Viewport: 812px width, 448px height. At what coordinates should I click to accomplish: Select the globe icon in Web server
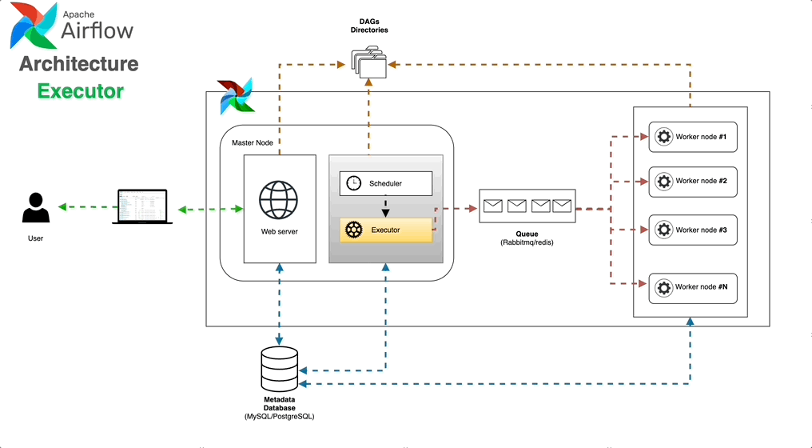(278, 200)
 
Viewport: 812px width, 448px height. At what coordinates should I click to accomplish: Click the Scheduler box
(386, 183)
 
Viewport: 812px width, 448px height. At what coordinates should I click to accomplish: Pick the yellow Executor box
(386, 230)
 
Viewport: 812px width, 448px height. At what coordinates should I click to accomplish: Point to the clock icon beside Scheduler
(353, 183)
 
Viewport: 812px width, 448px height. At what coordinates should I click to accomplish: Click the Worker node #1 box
(692, 137)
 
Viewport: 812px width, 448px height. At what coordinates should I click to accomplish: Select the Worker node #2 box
(692, 181)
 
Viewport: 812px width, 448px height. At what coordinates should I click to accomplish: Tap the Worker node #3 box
(692, 230)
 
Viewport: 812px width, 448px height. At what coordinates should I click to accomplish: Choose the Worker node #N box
(692, 286)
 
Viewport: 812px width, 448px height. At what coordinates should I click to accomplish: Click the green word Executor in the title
(81, 91)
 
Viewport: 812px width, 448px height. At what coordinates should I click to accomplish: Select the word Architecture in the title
(79, 64)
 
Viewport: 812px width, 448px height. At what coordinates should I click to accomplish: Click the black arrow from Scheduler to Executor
(386, 207)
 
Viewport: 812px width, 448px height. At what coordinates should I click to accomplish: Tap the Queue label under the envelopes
(527, 234)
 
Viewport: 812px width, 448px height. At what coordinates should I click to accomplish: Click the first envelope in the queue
(492, 206)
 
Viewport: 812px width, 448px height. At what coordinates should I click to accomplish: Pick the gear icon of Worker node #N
(663, 286)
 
